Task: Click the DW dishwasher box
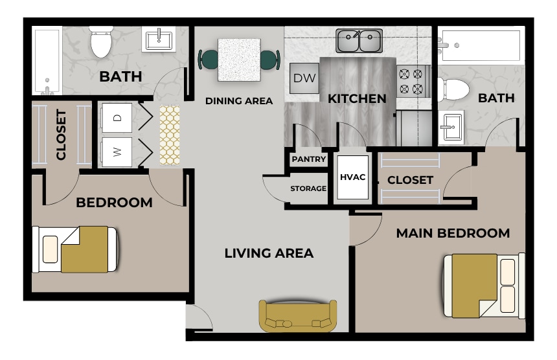[303, 78]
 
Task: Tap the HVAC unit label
[353, 177]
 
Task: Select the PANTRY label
[308, 159]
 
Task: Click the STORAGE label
[308, 189]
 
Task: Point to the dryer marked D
[117, 118]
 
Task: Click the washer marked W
[117, 152]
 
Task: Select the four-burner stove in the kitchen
[413, 81]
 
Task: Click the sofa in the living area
[298, 316]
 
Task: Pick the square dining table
[239, 60]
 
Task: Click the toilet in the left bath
[101, 42]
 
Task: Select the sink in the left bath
[158, 40]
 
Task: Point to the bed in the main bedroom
[483, 286]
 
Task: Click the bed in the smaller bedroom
[76, 249]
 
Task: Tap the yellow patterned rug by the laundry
[170, 135]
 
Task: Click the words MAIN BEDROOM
[453, 233]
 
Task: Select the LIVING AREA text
[269, 253]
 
